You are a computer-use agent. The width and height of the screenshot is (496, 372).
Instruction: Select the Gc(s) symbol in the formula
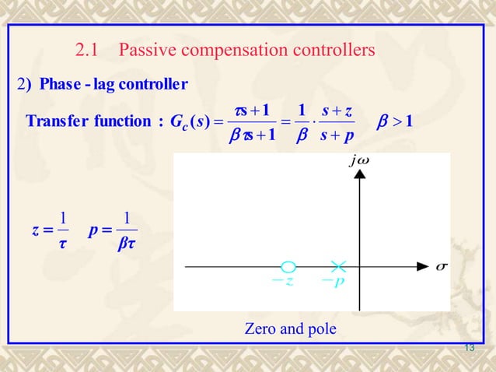pyautogui.click(x=187, y=121)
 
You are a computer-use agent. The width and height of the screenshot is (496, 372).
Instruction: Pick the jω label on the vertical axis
pyautogui.click(x=360, y=162)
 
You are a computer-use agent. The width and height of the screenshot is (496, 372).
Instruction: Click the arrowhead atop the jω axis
pyautogui.click(x=359, y=175)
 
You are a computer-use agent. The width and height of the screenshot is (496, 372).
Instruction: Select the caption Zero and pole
pyautogui.click(x=291, y=329)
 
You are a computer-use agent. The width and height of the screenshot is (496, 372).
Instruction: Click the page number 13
pyautogui.click(x=469, y=347)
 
